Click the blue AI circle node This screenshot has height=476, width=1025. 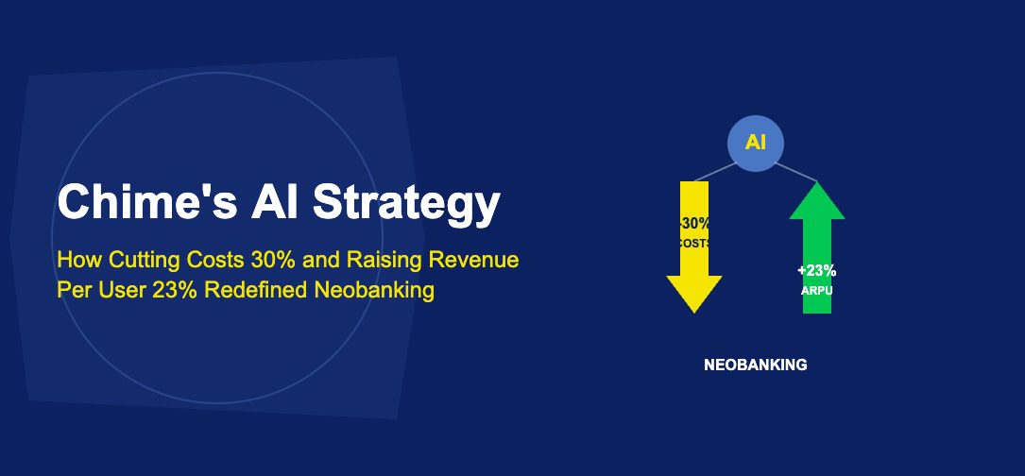(x=756, y=144)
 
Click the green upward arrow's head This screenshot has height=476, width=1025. (x=816, y=200)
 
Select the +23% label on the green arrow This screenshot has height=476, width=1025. (x=816, y=270)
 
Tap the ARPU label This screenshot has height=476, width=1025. (x=816, y=291)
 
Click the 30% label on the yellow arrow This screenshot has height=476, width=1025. (x=695, y=224)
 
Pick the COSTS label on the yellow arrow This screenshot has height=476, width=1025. (x=695, y=243)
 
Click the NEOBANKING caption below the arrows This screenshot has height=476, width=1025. (x=756, y=365)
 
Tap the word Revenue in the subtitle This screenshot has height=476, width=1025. (x=479, y=260)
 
